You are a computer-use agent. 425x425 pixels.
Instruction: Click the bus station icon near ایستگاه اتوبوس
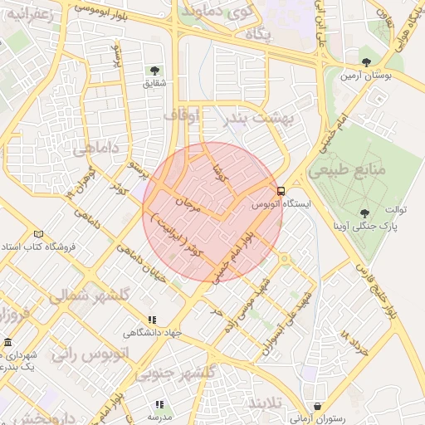point(281,190)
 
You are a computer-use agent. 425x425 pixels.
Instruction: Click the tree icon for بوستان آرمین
point(367,62)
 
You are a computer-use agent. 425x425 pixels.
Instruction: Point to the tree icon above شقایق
point(154,71)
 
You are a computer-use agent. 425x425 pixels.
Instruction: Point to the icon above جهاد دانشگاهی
point(152,320)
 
